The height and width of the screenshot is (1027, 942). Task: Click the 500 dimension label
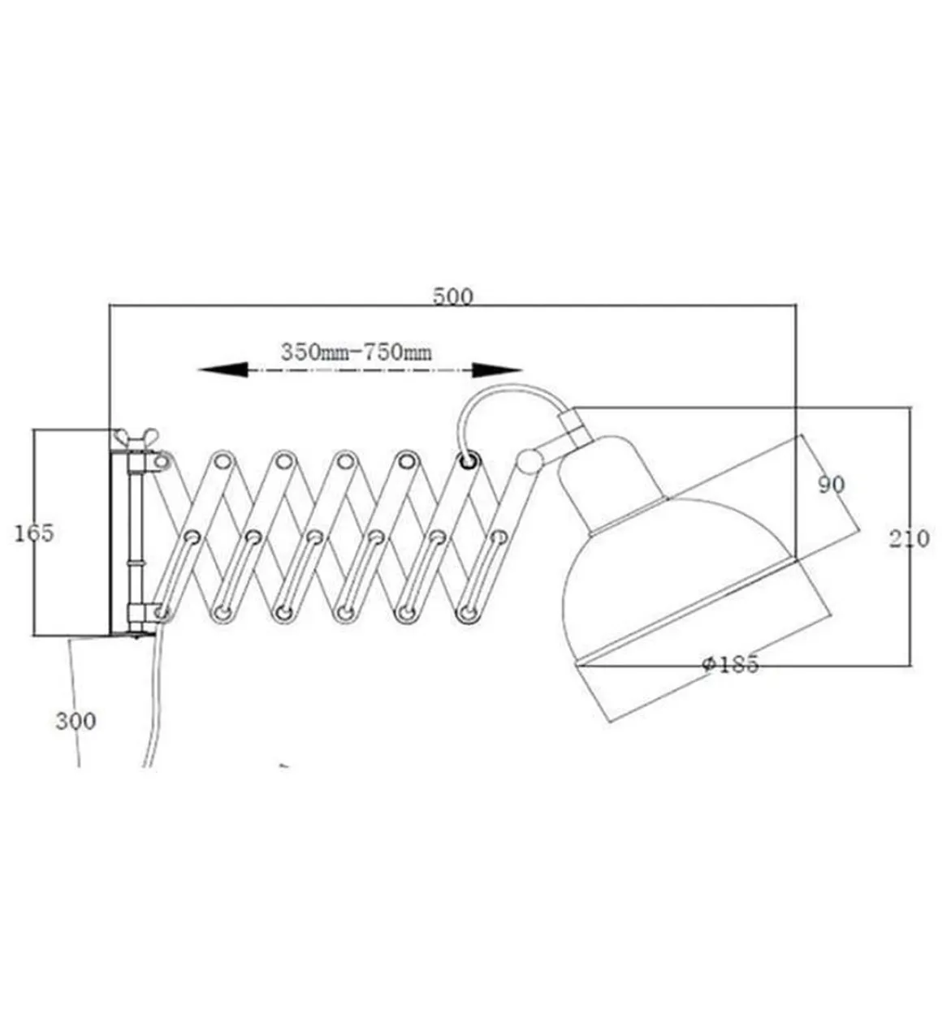453,296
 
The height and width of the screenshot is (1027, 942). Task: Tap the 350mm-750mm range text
356,352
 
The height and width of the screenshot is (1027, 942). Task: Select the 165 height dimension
34,533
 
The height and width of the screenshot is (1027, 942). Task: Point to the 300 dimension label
76,721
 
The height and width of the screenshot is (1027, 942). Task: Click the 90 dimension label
832,485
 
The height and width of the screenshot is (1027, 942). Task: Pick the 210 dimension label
909,539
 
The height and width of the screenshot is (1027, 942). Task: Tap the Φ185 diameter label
730,664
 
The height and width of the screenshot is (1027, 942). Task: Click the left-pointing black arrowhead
223,369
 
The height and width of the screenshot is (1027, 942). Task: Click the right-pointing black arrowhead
497,369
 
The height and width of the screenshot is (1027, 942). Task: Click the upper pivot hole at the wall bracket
162,462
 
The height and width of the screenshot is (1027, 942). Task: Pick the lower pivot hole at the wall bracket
162,612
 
